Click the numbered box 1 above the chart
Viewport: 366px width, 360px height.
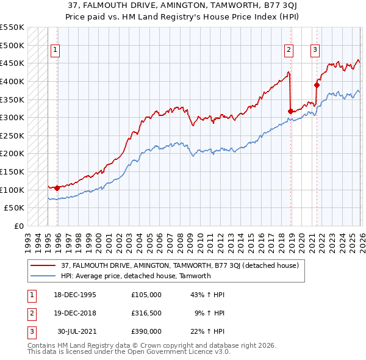click(x=55, y=51)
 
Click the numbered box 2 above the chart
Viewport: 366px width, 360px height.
click(x=289, y=51)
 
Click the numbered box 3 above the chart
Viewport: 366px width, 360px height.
click(x=315, y=51)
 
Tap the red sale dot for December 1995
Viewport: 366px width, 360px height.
click(x=57, y=188)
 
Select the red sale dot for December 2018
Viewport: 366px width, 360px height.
click(x=290, y=111)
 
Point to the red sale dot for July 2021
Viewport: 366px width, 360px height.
click(x=317, y=85)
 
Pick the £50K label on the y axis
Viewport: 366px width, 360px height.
click(x=15, y=208)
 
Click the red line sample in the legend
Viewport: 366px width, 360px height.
click(x=45, y=265)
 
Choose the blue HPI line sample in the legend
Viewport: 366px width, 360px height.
click(x=45, y=276)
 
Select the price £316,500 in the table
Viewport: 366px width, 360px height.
click(x=146, y=313)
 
